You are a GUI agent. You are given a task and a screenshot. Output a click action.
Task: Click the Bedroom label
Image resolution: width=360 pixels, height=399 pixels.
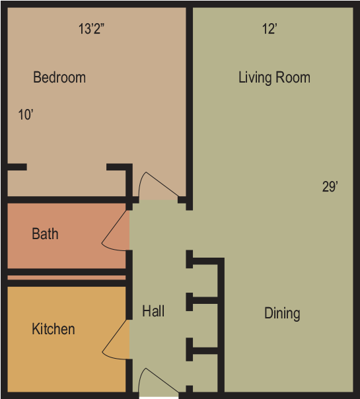[59, 77]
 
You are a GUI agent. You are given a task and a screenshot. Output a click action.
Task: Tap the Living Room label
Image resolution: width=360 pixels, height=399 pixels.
[274, 77]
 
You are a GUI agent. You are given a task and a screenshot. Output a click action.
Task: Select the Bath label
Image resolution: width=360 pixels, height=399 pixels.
[45, 234]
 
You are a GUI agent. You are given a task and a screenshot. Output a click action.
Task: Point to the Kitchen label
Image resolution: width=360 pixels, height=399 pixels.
[54, 329]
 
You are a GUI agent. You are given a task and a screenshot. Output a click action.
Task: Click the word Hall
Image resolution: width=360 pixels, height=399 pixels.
[153, 311]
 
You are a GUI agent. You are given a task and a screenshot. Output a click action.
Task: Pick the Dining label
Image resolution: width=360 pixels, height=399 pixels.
[282, 314]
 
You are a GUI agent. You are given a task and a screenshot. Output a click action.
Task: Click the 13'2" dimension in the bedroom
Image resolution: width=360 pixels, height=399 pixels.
[92, 29]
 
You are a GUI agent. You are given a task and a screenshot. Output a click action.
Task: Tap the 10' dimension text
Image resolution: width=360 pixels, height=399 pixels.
[26, 115]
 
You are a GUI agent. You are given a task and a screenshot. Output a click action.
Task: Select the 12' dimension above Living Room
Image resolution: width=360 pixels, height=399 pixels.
[270, 29]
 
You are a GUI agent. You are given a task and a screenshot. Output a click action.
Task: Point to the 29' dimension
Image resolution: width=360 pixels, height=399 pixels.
[330, 187]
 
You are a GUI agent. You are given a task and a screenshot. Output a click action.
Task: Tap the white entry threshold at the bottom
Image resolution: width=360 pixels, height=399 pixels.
[159, 398]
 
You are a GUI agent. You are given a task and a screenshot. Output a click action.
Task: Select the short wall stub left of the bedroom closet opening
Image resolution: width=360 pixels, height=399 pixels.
[17, 167]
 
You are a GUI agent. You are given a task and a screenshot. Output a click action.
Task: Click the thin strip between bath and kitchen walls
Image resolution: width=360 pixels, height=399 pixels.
[67, 277]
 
